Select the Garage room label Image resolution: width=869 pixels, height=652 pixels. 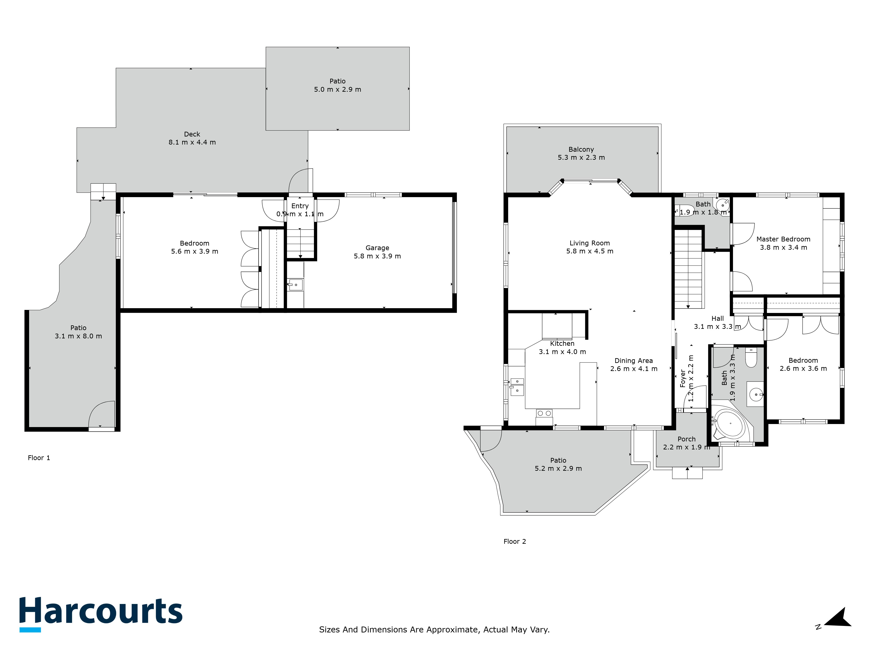point(377,248)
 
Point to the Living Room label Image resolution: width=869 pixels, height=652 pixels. point(590,243)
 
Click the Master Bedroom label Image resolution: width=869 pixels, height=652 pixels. point(783,239)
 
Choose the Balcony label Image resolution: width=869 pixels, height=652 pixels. point(581,149)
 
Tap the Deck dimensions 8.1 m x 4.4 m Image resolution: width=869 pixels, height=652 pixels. point(192,142)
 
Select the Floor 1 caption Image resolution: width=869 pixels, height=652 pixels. point(39,458)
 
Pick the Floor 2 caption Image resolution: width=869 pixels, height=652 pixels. point(515,542)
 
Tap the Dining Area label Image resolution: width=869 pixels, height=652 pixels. point(634,361)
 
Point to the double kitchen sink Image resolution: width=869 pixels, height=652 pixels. point(517,387)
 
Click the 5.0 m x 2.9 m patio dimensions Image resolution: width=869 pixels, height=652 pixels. point(337,90)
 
